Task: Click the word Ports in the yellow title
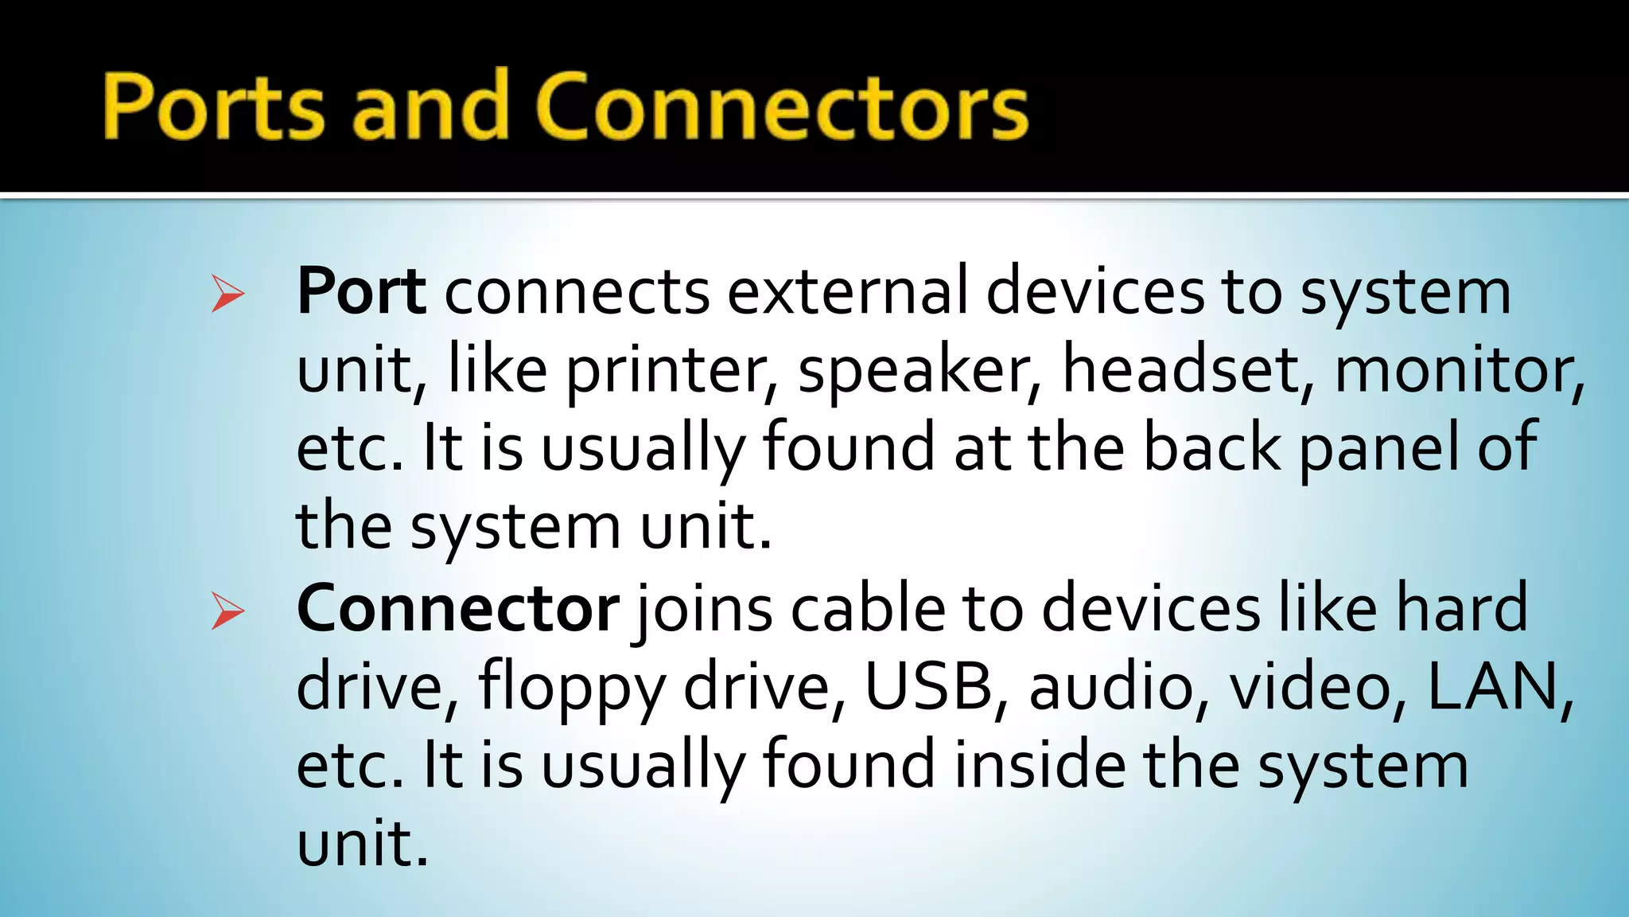coord(214,107)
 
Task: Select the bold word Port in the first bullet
coord(361,292)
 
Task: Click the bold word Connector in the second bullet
coord(457,609)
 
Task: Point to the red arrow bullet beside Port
coord(227,294)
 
